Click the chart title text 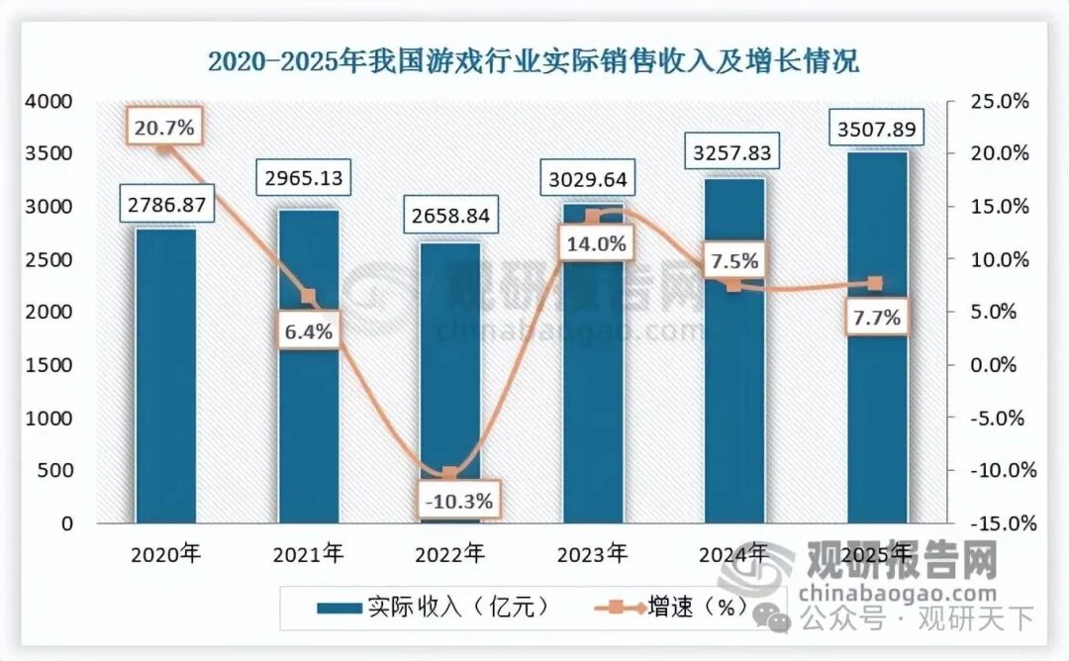534,61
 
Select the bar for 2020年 165,376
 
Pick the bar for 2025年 878,336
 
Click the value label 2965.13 308,179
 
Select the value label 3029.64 592,182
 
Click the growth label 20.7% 164,126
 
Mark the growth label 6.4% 308,332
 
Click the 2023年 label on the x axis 592,553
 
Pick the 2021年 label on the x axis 307,553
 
